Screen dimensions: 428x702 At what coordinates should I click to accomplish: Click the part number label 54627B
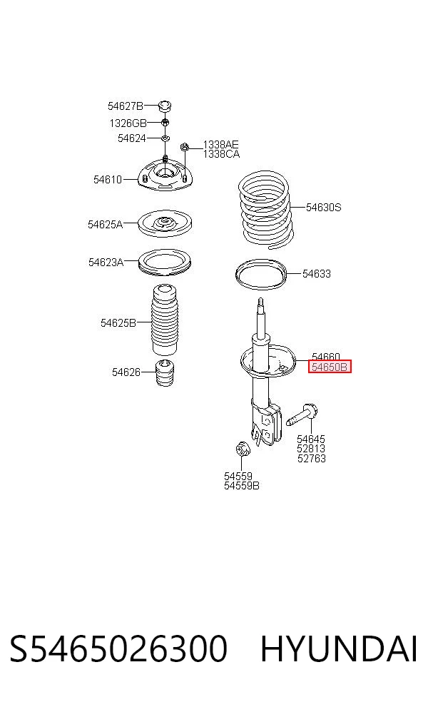point(126,106)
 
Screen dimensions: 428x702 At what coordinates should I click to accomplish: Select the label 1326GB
point(128,123)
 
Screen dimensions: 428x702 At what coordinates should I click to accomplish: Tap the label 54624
point(132,138)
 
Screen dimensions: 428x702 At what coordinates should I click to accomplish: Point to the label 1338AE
point(220,145)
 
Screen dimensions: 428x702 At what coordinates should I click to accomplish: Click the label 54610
point(108,180)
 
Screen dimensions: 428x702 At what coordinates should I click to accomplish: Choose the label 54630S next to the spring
point(323,208)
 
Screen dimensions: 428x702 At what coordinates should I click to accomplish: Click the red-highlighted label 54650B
point(330,367)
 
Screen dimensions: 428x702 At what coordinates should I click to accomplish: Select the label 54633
point(317,273)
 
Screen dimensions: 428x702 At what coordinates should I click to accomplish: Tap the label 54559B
point(242,485)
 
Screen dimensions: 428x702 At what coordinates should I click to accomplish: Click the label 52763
point(312,459)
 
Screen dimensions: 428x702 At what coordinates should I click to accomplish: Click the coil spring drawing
point(265,210)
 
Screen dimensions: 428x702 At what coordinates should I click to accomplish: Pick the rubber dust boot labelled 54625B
point(165,318)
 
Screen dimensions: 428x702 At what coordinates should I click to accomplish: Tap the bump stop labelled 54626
point(165,372)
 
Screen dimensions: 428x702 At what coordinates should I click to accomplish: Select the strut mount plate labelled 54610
point(165,178)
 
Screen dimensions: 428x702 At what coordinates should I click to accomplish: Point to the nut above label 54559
point(243,448)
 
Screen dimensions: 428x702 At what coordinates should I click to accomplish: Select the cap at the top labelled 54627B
point(165,106)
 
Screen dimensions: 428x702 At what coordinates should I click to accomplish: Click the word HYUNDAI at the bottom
point(340,648)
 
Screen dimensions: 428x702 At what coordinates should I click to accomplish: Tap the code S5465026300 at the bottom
point(118,648)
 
